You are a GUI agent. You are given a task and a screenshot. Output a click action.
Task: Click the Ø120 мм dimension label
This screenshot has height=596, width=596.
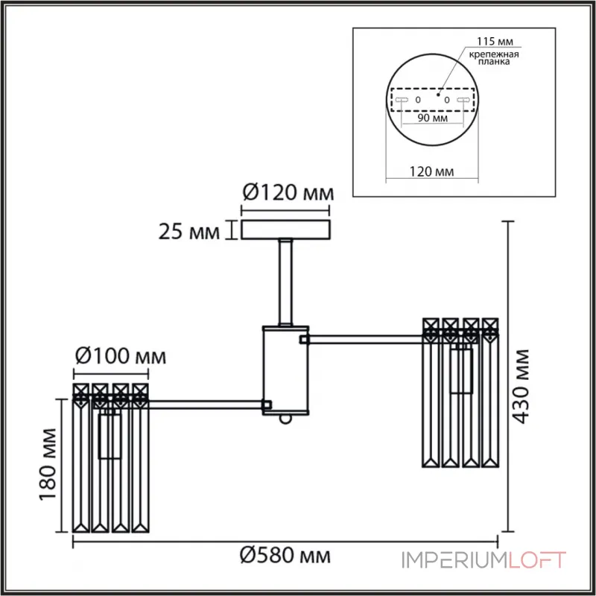tap(287, 194)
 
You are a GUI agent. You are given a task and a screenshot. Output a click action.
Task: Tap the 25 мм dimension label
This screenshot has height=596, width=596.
tap(190, 232)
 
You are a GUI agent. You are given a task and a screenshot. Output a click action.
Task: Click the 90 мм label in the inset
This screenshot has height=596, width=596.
tap(431, 119)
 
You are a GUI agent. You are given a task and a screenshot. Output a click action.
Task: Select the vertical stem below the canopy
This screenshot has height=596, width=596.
tap(285, 282)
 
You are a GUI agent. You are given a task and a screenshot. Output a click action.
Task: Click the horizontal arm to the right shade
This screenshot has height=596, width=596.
tap(365, 340)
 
